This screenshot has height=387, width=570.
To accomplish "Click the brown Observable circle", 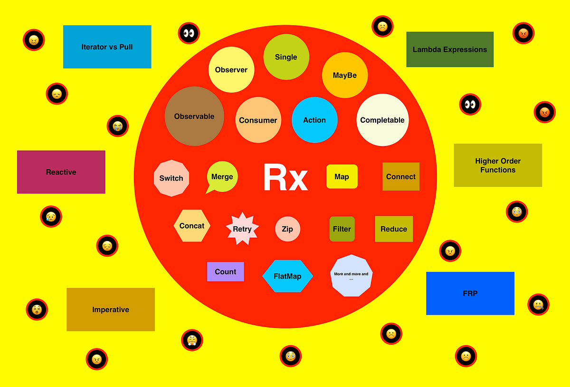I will pos(194,116).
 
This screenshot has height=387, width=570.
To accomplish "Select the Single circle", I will pos(286,57).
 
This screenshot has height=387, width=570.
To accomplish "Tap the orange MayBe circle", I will pos(345,75).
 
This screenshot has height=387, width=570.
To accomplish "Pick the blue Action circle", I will pos(314,120).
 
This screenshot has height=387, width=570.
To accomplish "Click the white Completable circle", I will pos(382,120).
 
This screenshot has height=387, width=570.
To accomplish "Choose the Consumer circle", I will pos(258,120).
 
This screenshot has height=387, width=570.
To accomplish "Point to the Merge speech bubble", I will pos(222,176).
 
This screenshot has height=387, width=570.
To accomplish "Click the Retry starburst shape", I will pos(242,229).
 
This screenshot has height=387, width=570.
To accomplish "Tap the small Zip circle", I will pos(287,229).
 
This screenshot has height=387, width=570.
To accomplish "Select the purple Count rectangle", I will pos(226,271).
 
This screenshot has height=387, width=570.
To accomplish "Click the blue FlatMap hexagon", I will pos(288,276).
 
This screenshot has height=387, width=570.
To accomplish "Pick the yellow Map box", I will pos(342,176).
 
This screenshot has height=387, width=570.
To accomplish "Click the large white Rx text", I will pos(286,178).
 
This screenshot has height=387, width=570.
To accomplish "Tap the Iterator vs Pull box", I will pos(107,47).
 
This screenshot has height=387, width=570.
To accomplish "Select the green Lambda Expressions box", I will pos(450,49).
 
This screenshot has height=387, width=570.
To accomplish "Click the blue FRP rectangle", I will pos(470,293).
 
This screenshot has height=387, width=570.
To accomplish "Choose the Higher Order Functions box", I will pos(498,165).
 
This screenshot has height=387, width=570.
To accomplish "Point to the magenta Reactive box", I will pos(61,172).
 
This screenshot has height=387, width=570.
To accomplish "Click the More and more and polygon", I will pos(351,276).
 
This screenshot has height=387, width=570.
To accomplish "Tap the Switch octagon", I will pos(171,178).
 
